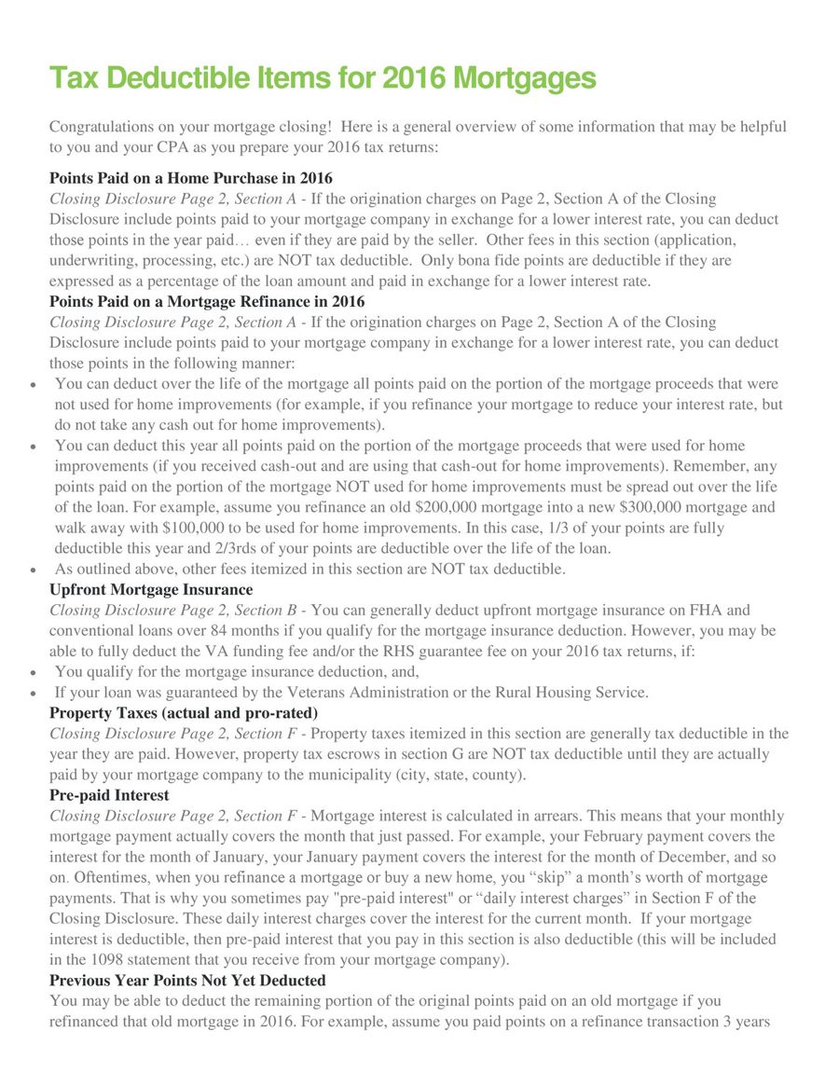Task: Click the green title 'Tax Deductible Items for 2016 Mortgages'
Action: point(322,78)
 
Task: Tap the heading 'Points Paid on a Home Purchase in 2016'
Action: point(190,178)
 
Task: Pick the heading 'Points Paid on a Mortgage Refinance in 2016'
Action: point(207,301)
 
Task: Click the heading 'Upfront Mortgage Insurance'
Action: point(150,589)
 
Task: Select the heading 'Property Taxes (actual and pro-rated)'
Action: point(183,713)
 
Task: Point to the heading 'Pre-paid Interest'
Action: point(109,795)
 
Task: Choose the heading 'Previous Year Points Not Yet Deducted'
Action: point(187,980)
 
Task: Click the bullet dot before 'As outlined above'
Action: point(34,570)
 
